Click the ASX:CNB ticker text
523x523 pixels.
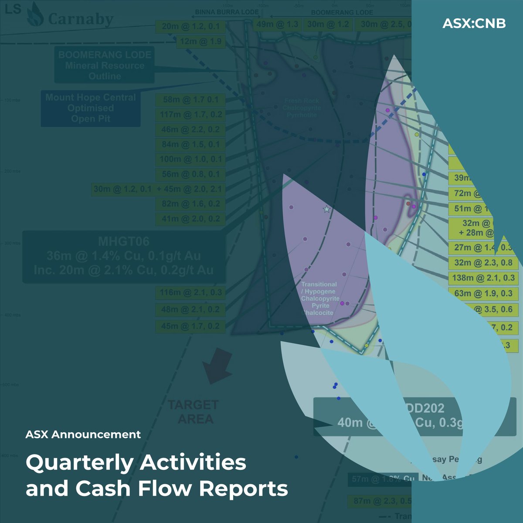tap(474, 23)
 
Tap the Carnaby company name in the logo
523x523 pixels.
tap(81, 19)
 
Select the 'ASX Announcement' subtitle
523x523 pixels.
tap(83, 435)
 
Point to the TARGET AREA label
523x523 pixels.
tap(194, 412)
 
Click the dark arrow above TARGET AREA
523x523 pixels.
tap(217, 365)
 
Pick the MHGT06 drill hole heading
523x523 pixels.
tap(124, 241)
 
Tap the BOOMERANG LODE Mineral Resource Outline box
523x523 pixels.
tap(105, 65)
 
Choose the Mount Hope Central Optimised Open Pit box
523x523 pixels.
tap(91, 108)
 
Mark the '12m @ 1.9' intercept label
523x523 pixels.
tap(201, 42)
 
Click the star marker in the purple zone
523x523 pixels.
tap(326, 209)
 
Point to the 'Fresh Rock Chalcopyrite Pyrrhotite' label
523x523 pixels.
tap(302, 108)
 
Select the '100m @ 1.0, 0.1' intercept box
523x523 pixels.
tap(190, 160)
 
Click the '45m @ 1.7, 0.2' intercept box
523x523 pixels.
tap(190, 326)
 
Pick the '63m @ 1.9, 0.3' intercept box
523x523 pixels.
tap(483, 293)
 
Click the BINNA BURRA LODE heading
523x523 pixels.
tap(227, 12)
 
